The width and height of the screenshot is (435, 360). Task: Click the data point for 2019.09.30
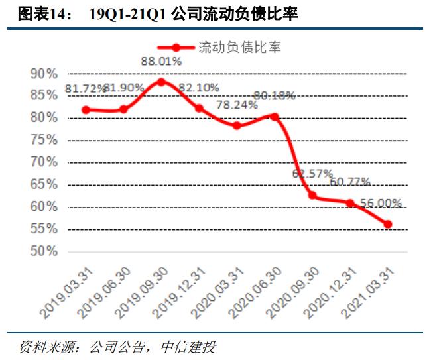pos(161,82)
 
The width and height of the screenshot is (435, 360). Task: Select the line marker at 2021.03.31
pos(388,224)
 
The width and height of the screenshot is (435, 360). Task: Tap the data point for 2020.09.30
pos(312,196)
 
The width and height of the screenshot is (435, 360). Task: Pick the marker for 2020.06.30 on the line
pos(275,117)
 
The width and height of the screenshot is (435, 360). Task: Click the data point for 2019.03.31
pos(86,110)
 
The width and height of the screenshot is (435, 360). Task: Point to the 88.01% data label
pos(161,62)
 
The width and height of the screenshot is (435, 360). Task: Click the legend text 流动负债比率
pos(239,47)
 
